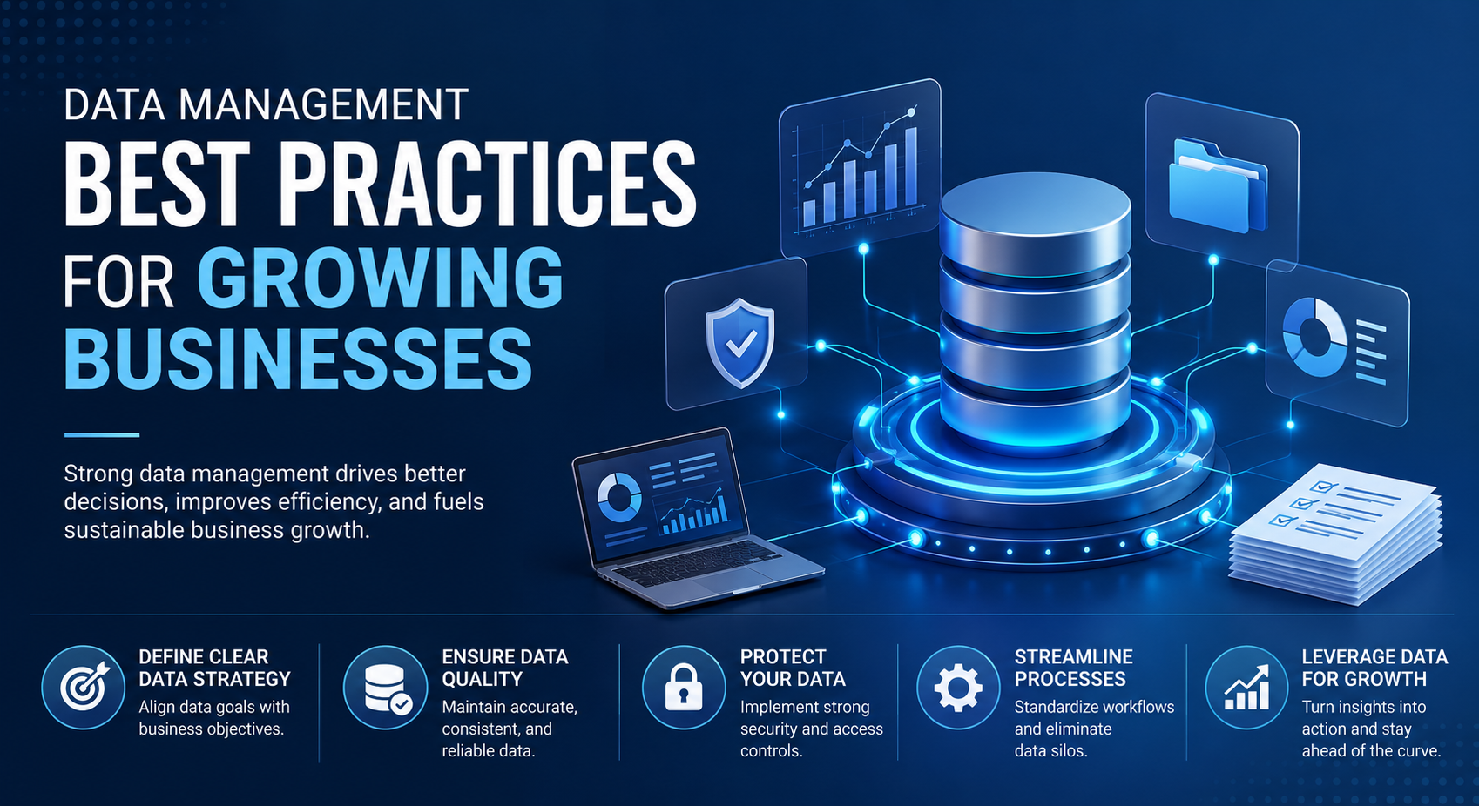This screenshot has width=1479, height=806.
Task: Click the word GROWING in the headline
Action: tap(381, 277)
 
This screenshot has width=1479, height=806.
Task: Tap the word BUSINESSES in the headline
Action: tap(298, 359)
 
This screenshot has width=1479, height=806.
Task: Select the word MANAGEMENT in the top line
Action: tap(323, 104)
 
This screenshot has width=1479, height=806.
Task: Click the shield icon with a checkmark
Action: tap(740, 342)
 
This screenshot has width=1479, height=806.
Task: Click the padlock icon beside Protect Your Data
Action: tap(684, 688)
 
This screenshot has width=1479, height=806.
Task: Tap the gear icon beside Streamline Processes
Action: tap(958, 688)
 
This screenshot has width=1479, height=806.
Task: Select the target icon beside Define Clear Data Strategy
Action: tap(84, 688)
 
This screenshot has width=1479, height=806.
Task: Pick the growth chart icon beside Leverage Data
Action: tap(1247, 688)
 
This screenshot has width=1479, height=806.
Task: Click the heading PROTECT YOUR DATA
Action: tap(793, 668)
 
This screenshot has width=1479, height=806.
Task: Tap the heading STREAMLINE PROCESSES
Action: tap(1074, 668)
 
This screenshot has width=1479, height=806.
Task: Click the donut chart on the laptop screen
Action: tap(619, 497)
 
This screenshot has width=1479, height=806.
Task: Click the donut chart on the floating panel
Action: tap(1314, 336)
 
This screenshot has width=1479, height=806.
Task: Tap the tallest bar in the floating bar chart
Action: tap(910, 167)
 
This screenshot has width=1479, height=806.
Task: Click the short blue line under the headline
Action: tap(102, 435)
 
